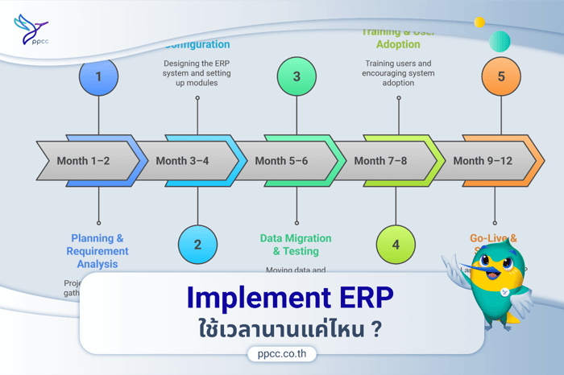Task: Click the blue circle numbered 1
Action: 98,77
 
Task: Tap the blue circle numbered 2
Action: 197,241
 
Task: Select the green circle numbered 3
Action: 297,77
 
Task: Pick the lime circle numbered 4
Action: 396,243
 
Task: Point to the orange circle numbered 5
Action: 501,77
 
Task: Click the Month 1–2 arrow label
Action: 83,161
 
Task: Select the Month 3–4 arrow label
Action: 182,161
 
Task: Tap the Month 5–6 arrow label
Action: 281,161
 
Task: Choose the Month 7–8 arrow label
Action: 380,161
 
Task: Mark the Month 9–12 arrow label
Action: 483,161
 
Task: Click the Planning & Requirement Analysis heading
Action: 97,250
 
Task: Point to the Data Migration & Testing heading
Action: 296,244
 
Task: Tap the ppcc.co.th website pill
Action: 281,352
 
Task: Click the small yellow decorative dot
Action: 479,23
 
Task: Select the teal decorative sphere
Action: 500,41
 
